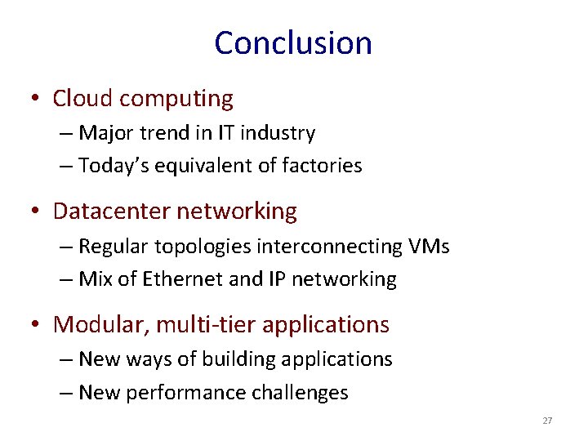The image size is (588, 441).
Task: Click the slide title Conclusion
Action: pyautogui.click(x=293, y=43)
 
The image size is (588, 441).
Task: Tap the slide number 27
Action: pyautogui.click(x=547, y=421)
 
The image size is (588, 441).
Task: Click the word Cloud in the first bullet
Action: pyautogui.click(x=82, y=99)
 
